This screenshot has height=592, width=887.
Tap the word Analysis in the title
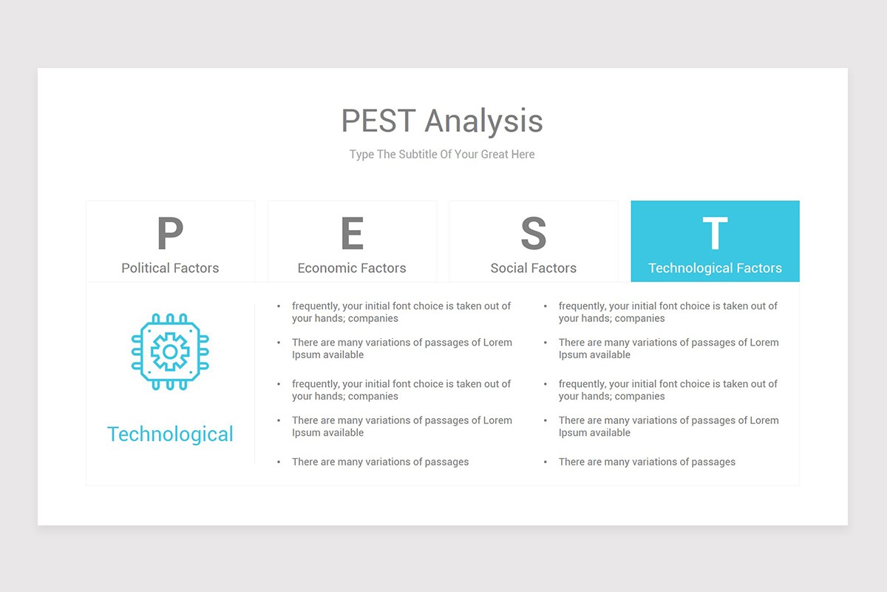click(x=483, y=121)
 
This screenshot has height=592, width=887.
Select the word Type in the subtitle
click(x=361, y=155)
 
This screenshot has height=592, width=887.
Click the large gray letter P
click(x=170, y=234)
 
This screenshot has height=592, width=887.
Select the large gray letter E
click(x=352, y=234)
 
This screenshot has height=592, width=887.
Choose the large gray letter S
click(x=533, y=234)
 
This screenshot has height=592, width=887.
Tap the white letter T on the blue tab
click(x=715, y=234)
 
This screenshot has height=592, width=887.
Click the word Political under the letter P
click(x=146, y=268)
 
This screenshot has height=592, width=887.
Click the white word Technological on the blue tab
click(x=692, y=268)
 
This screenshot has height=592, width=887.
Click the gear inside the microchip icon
click(x=170, y=351)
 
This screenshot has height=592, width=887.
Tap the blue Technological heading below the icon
click(x=170, y=434)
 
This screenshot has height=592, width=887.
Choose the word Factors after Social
click(x=554, y=268)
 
